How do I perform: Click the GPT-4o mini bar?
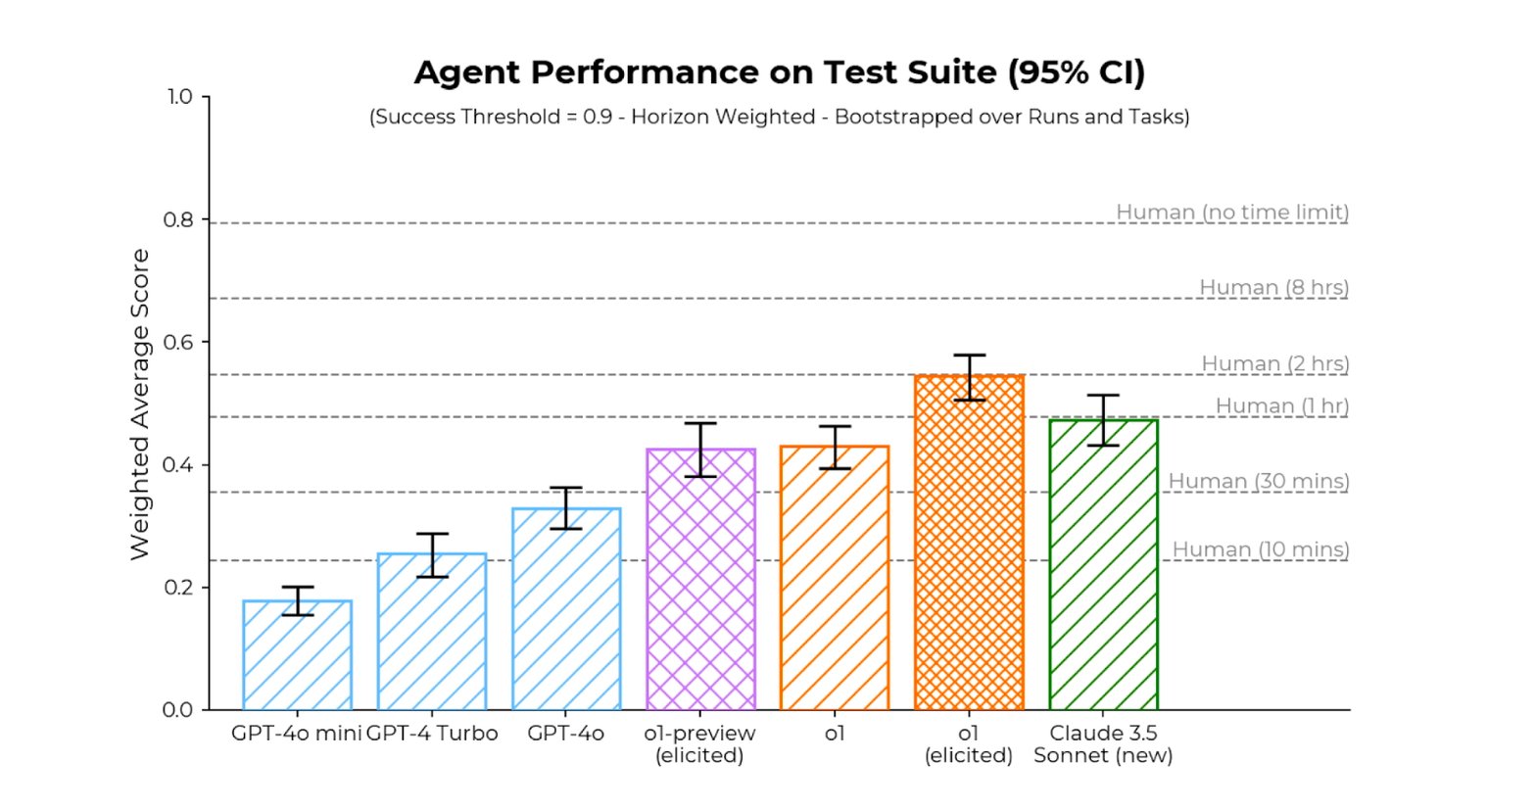[297, 655]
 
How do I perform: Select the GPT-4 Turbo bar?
[431, 632]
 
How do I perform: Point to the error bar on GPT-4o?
[566, 507]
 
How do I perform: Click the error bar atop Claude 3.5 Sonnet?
[1103, 420]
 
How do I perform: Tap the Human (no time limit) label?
[1231, 212]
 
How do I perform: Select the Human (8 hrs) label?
[1273, 287]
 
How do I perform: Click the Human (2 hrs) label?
[1274, 363]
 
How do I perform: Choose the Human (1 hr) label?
[1281, 405]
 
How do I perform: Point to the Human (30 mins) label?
[1258, 481]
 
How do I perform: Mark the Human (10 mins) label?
[1260, 549]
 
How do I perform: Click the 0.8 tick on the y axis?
[178, 219]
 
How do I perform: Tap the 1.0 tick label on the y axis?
[178, 97]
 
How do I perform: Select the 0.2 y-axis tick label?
[178, 588]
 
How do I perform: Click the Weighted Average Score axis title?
[140, 404]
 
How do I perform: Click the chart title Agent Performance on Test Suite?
[779, 72]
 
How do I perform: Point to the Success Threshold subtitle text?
[779, 118]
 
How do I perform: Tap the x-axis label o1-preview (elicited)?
[699, 744]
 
